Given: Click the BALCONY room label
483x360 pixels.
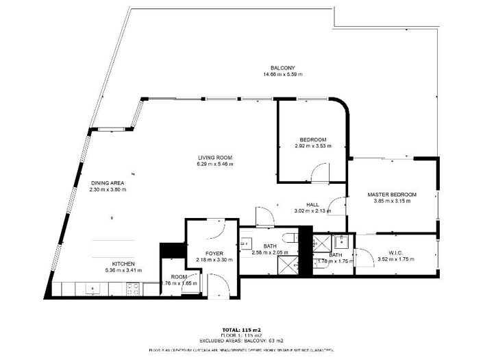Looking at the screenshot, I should (282, 67).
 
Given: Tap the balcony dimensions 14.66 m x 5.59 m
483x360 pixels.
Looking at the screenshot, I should (282, 74).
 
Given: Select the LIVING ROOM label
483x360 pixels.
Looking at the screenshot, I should (215, 157).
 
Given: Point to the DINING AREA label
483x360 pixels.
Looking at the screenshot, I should (108, 182).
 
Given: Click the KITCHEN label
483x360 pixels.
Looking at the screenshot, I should (124, 263).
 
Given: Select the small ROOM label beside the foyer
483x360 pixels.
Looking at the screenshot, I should (179, 276).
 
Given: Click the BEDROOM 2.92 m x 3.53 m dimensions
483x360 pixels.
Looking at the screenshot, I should (312, 146).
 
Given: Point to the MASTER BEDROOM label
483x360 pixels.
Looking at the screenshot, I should (392, 195).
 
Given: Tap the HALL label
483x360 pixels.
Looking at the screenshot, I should (312, 204).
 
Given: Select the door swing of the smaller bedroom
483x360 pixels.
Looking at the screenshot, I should (320, 173).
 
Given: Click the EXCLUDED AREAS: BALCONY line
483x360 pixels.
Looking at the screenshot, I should (241, 340).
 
